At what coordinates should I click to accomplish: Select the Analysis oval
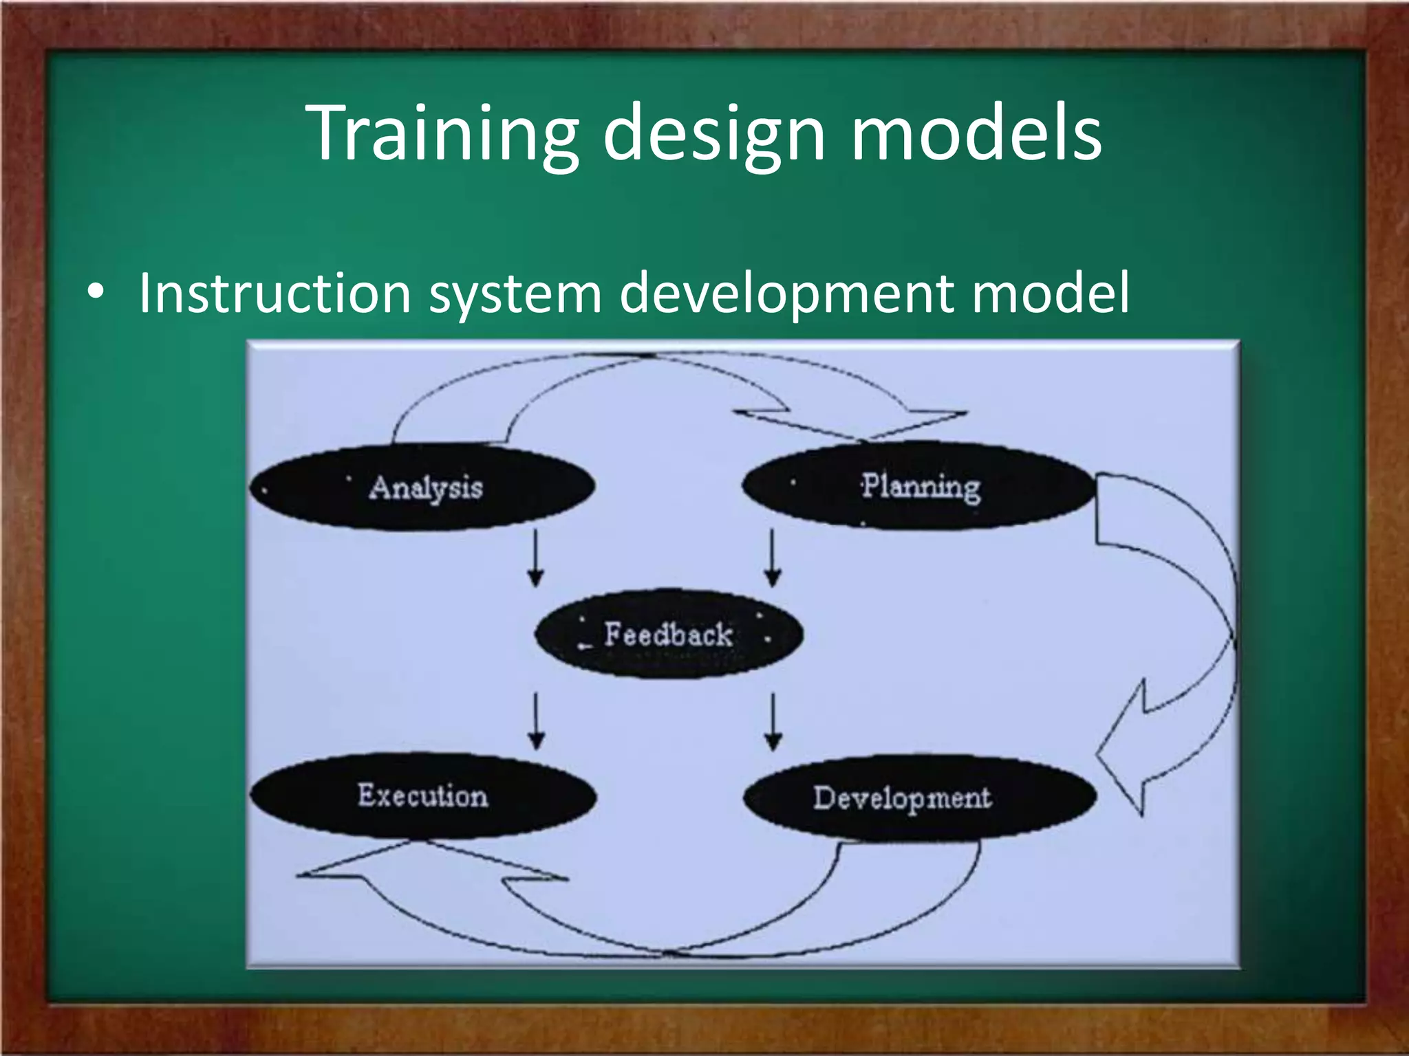(x=422, y=487)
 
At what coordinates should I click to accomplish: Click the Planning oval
(x=919, y=486)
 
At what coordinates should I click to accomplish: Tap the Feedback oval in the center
(x=668, y=633)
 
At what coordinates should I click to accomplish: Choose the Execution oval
(x=422, y=796)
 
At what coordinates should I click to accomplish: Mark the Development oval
(x=919, y=797)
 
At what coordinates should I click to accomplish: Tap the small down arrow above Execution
(x=536, y=721)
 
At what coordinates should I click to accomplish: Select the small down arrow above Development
(x=773, y=721)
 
